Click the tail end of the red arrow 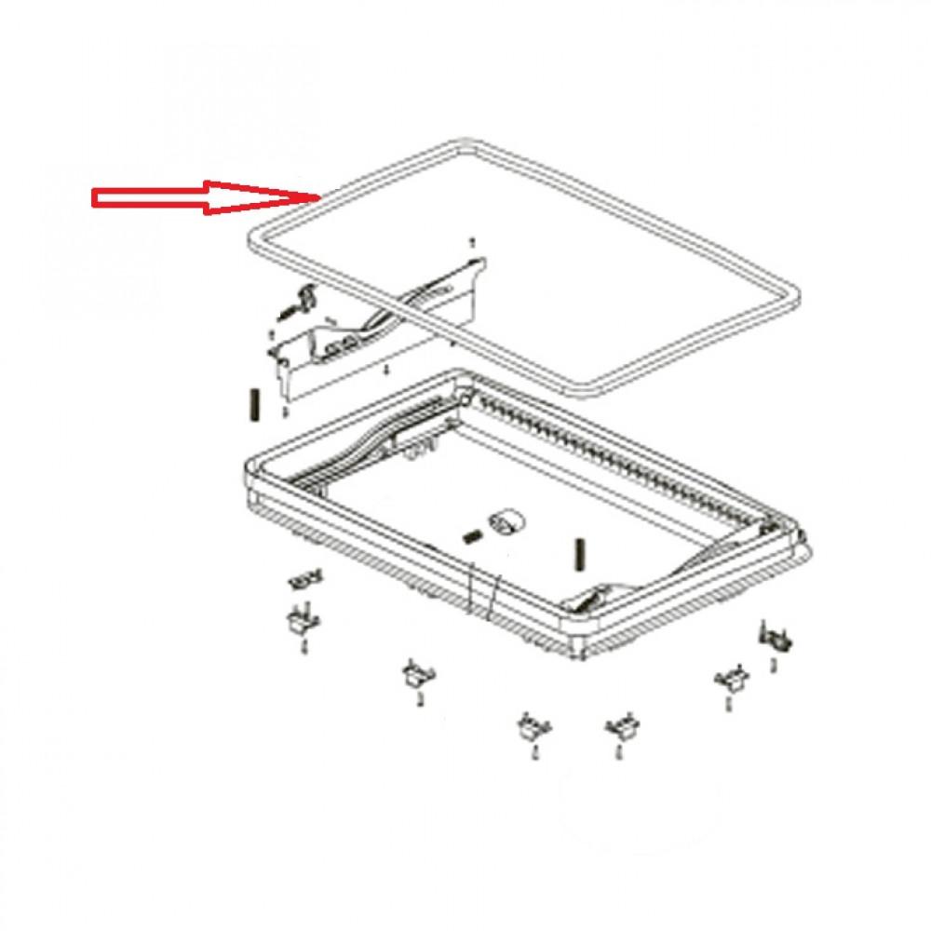tap(93, 197)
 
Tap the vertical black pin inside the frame tap(580, 556)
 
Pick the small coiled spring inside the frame tap(472, 536)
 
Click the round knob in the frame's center tap(504, 522)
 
